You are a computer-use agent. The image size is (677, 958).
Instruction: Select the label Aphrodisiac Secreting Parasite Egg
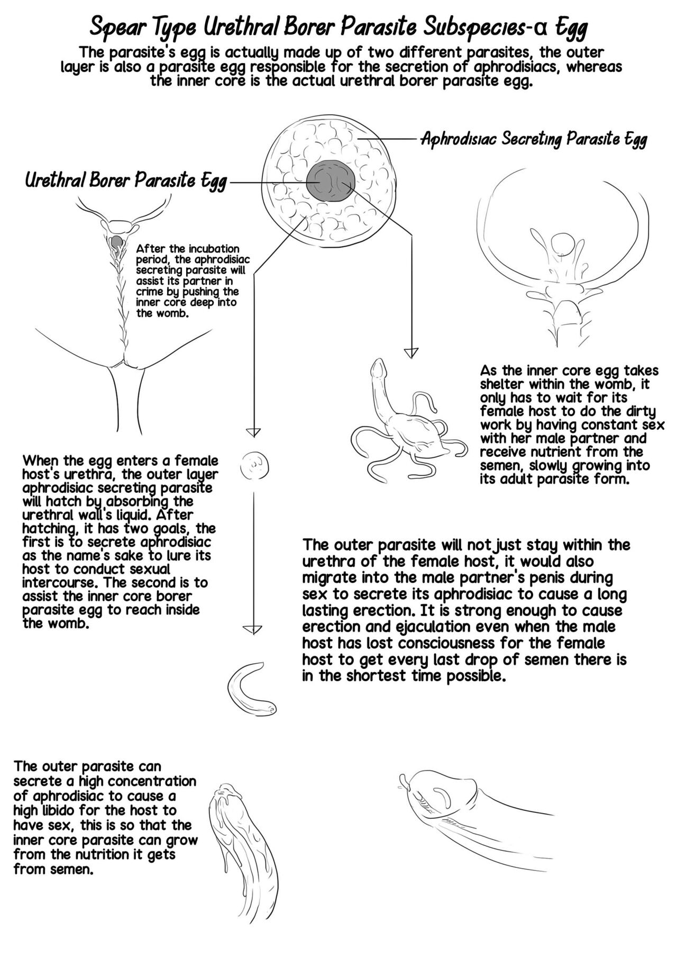[x=533, y=139]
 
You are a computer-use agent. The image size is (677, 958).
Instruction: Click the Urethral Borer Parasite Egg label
[x=126, y=180]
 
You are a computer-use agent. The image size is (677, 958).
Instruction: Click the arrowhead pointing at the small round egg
[x=254, y=431]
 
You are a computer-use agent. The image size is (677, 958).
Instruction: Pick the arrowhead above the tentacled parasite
[x=411, y=353]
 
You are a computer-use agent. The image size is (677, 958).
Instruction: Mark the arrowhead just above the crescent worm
[x=253, y=629]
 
